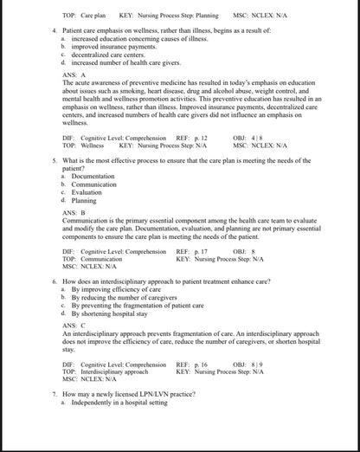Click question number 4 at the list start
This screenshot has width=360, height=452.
pos(55,31)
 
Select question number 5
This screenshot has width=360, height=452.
pos(55,162)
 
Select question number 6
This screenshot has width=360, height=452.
pos(55,282)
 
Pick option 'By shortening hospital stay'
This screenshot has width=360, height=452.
pos(109,313)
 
